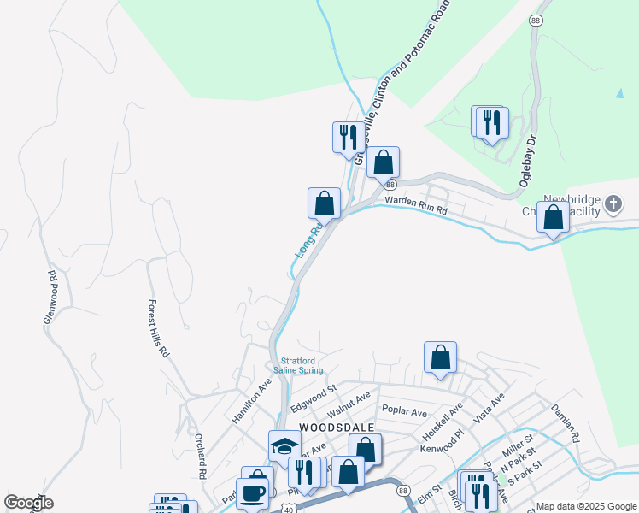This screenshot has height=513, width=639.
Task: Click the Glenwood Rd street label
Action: tap(51, 298)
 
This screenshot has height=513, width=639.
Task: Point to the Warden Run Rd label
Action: tap(416, 206)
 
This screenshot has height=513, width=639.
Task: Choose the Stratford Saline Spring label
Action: tap(298, 366)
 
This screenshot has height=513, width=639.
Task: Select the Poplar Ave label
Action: tap(405, 412)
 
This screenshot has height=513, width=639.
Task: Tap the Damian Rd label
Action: tap(565, 422)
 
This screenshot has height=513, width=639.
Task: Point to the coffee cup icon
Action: tap(252, 494)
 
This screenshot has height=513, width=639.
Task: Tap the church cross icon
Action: tap(613, 204)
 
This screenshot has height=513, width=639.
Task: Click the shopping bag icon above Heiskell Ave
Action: tap(440, 357)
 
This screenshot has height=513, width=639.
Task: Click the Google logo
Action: tap(28, 503)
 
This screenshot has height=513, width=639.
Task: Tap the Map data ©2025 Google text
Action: tap(587, 506)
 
